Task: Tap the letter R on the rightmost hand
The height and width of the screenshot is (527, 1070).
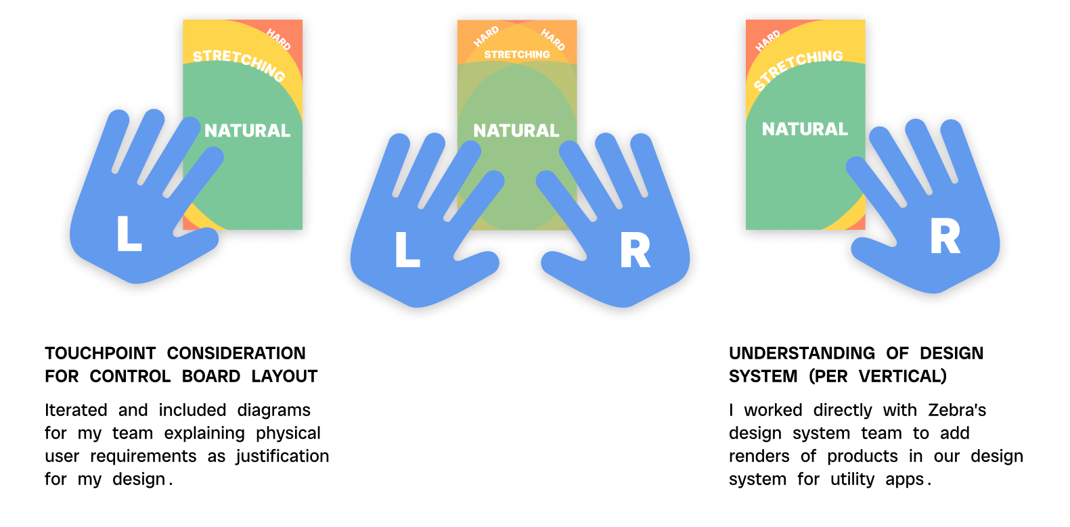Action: (x=945, y=236)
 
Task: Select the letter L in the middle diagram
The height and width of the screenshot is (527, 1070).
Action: (x=407, y=249)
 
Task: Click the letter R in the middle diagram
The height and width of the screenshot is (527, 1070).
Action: (x=635, y=250)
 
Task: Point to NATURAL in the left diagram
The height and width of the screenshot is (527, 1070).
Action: (x=248, y=131)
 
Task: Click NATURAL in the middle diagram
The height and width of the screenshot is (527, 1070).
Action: (x=516, y=131)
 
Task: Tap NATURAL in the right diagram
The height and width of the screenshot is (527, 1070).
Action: (x=805, y=129)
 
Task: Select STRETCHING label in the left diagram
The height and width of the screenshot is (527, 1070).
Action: (x=240, y=64)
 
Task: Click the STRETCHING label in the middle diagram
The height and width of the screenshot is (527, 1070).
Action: (x=517, y=55)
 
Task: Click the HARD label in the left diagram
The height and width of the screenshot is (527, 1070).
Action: (x=279, y=39)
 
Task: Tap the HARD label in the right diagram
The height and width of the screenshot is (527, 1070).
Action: (x=768, y=41)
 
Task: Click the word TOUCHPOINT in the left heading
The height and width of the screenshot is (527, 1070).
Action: (x=100, y=353)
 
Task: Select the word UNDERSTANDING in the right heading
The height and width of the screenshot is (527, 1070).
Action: (x=802, y=353)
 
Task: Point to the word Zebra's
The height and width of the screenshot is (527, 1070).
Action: (x=957, y=410)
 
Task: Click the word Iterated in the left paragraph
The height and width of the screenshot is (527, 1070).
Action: (x=76, y=410)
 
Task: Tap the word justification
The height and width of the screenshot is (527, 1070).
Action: (x=282, y=457)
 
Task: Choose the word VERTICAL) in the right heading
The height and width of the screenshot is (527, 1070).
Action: (x=902, y=376)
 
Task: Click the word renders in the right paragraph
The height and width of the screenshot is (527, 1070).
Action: (x=759, y=457)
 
